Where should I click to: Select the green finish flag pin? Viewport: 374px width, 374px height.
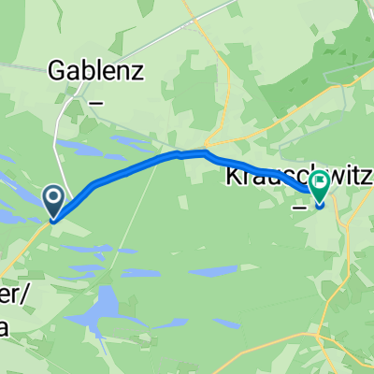coord(320,185)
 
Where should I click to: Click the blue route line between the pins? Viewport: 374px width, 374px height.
coord(140,167)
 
